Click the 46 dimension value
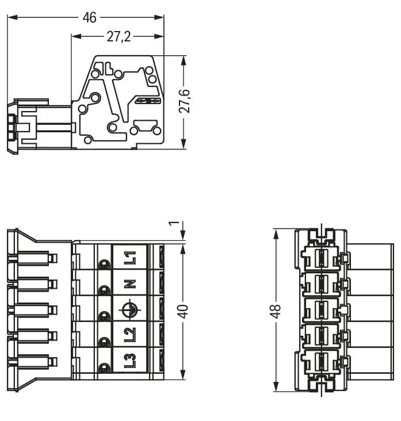(x=89, y=18)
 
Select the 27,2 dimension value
(x=119, y=36)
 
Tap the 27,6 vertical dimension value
(x=185, y=101)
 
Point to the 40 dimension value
(x=184, y=312)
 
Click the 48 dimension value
(x=276, y=312)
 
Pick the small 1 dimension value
(x=174, y=223)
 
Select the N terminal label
(x=130, y=284)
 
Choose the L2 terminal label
(x=130, y=335)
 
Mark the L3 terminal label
(x=130, y=361)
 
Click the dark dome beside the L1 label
(x=104, y=265)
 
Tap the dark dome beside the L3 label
(x=104, y=368)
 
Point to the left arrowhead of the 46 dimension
(x=12, y=18)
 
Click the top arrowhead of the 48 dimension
(x=276, y=234)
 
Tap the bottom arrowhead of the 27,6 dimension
(x=184, y=144)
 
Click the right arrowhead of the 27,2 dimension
(x=159, y=36)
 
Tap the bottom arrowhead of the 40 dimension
(x=183, y=374)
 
